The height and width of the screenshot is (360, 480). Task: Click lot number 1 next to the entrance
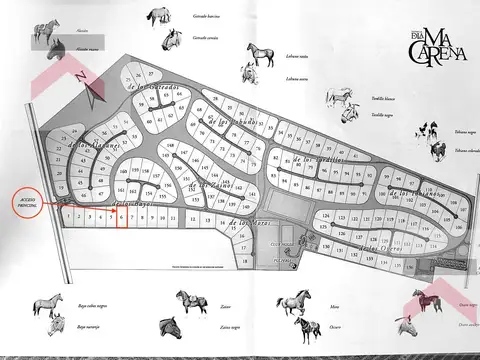click(67, 215)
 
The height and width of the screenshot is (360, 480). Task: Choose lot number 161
click(121, 190)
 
